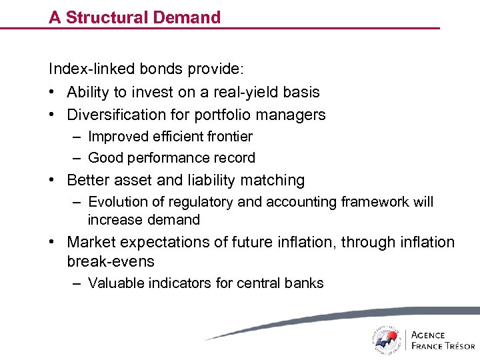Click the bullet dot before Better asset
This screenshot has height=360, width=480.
coord(52,181)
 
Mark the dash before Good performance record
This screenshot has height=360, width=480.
coord(77,158)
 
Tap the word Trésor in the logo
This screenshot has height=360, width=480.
coord(457,345)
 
